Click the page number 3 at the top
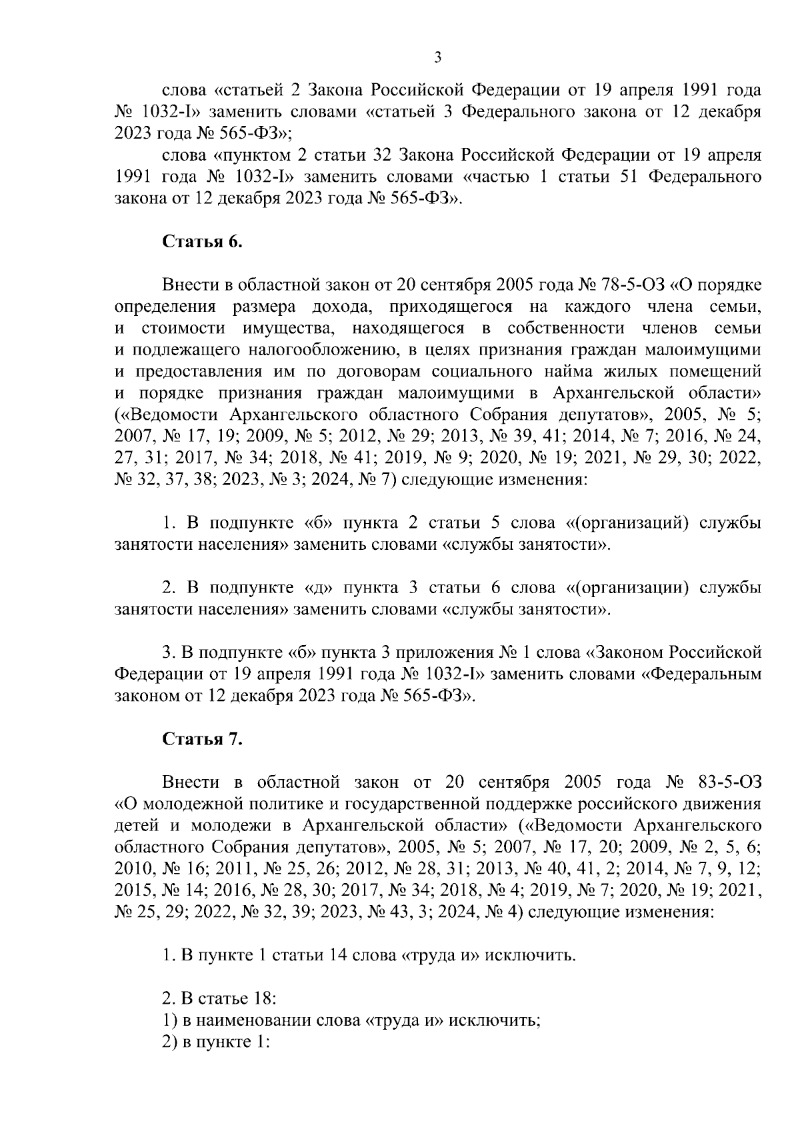[438, 57]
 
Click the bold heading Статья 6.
[203, 241]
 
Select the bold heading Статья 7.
[203, 738]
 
